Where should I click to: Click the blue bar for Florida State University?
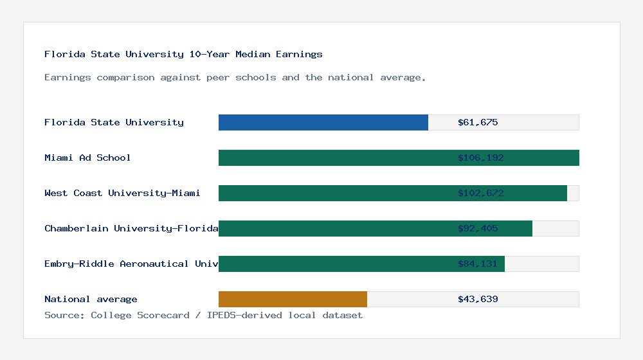[323, 122]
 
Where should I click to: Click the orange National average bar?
[293, 299]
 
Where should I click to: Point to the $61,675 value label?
[478, 122]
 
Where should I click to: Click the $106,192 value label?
[480, 157]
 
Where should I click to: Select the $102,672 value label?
[480, 193]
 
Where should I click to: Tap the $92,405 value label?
[478, 228]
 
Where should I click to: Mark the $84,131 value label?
[478, 264]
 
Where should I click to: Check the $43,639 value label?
[478, 299]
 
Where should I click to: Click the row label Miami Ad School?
[87, 157]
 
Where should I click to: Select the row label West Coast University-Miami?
[122, 193]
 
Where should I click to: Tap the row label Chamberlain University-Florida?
[131, 228]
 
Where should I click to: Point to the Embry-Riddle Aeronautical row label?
[131, 264]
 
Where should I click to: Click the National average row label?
[91, 299]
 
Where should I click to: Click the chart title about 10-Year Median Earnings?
[183, 54]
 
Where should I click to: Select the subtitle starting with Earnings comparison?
[235, 77]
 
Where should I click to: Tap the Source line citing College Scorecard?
[203, 315]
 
